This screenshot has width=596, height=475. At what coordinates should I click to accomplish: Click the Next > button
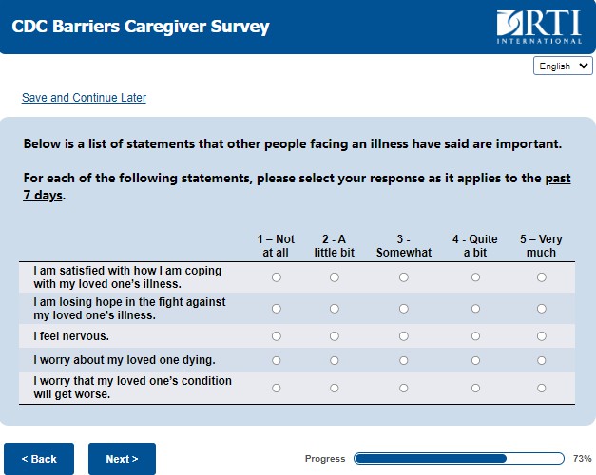point(122,459)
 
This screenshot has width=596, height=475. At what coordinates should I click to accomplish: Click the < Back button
point(39,459)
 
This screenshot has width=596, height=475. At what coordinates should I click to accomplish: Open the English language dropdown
point(564,66)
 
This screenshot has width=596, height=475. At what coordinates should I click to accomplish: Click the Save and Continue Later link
point(84,98)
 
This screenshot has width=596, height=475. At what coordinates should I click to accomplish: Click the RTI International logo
point(538,27)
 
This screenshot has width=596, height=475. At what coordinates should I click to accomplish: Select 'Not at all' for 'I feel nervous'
point(277,336)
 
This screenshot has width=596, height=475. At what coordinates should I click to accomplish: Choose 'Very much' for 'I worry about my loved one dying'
point(542,360)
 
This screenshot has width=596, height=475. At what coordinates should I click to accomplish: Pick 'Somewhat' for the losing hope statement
point(404,308)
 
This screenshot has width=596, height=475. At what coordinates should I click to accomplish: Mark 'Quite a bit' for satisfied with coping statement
point(475,277)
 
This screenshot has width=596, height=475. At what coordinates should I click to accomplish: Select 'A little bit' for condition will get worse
point(335,388)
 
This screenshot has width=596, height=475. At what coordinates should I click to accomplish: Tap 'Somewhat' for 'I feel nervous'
point(404,336)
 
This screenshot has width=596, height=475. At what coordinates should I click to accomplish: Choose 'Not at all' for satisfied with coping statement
point(277,277)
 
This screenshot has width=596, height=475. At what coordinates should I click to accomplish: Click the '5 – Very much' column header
point(541,246)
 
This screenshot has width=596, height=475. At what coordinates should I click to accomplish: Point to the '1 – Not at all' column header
point(276,246)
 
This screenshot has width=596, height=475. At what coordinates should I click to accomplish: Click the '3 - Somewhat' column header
point(404,246)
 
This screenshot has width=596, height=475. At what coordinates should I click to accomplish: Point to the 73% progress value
point(583,459)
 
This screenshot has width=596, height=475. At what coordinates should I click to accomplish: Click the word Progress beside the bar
point(325,459)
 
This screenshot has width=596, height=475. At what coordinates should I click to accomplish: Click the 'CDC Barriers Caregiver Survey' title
point(141,27)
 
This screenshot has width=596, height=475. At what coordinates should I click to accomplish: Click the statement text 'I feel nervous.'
point(71,336)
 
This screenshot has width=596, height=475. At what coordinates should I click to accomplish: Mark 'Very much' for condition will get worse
point(542,388)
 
